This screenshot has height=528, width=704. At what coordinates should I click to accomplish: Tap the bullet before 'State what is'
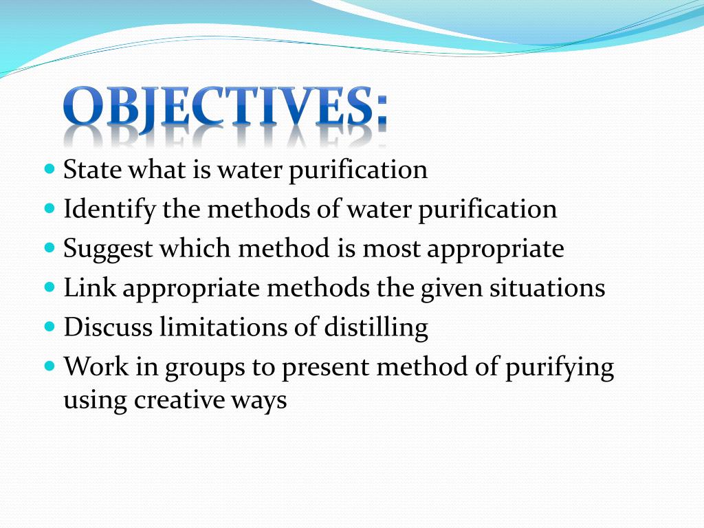pyautogui.click(x=49, y=169)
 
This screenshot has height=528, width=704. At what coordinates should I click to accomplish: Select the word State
pyautogui.click(x=93, y=170)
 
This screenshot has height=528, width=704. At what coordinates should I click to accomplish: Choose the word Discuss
pyautogui.click(x=108, y=327)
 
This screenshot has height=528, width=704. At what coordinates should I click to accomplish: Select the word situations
pyautogui.click(x=547, y=288)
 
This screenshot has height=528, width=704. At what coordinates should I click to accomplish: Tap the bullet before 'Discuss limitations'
pyautogui.click(x=49, y=326)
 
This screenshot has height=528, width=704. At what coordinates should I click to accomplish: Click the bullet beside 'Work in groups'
pyautogui.click(x=49, y=366)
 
